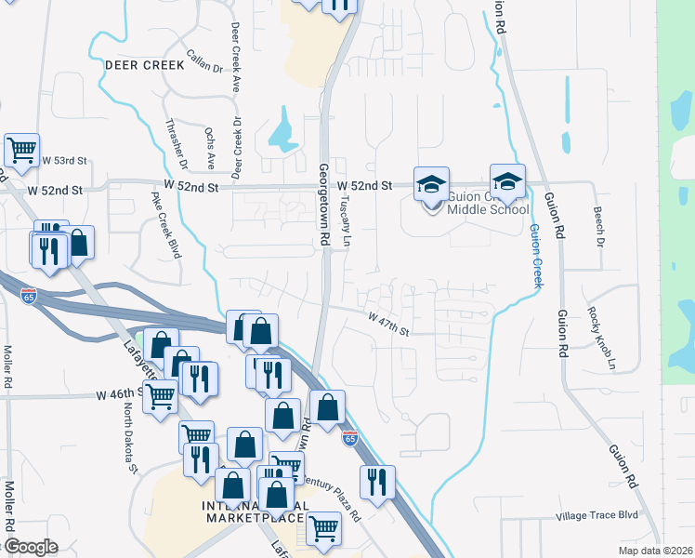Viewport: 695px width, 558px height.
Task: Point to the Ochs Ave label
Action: tap(210, 149)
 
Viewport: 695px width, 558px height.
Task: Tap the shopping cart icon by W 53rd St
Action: tap(21, 149)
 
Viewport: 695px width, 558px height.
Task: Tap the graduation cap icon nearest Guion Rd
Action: tap(507, 181)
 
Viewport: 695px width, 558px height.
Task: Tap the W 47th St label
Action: tap(387, 323)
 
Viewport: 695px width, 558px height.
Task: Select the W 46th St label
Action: tap(119, 394)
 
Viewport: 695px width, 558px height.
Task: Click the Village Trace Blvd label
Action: tap(597, 514)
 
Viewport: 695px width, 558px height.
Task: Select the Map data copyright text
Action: tap(655, 551)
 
